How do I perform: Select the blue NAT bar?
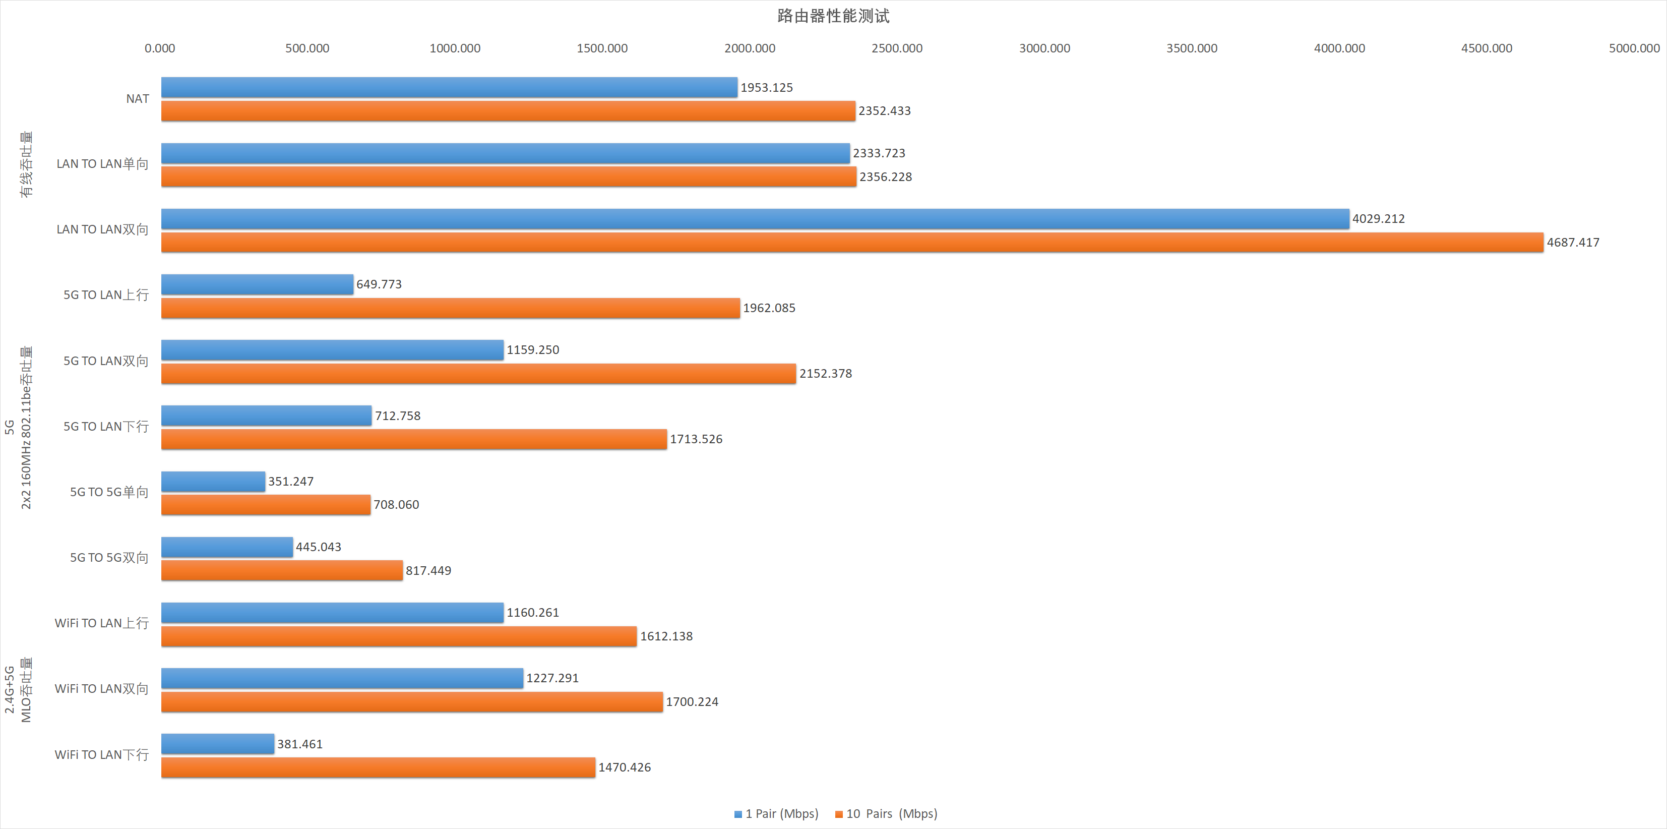(x=449, y=87)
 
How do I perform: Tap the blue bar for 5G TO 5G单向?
(x=213, y=482)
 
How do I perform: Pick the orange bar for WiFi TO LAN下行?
(x=378, y=767)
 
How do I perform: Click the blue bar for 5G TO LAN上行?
(x=257, y=284)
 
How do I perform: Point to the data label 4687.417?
(x=1573, y=243)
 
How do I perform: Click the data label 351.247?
(x=290, y=482)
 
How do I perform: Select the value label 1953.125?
(x=766, y=87)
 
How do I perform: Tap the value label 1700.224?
(x=692, y=702)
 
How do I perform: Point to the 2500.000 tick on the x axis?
(x=897, y=48)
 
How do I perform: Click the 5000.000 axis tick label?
(x=1634, y=48)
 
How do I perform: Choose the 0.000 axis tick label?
(x=160, y=48)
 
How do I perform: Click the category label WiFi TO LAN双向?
(x=102, y=689)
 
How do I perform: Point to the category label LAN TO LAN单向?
(x=102, y=164)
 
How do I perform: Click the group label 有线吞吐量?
(x=26, y=164)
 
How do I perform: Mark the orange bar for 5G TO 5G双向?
(x=281, y=571)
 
